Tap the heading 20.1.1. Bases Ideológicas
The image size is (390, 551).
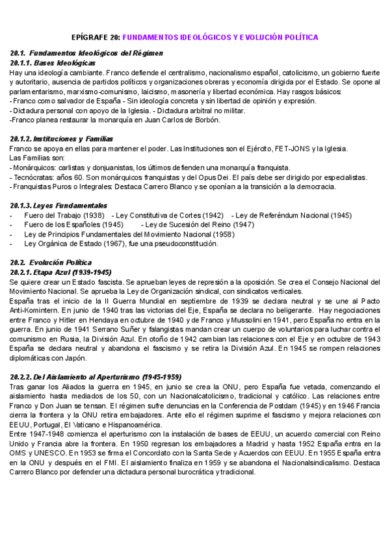click(x=53, y=63)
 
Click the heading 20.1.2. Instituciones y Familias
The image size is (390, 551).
click(x=62, y=139)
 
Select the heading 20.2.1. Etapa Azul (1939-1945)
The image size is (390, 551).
click(x=61, y=272)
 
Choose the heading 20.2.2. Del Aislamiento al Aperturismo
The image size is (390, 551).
click(x=96, y=377)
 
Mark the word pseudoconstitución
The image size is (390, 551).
click(x=184, y=244)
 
